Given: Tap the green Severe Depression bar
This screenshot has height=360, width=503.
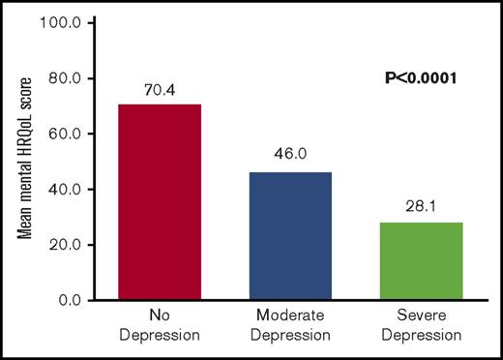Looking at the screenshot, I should pos(423,260).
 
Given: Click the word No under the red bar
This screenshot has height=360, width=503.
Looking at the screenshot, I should pos(160,318).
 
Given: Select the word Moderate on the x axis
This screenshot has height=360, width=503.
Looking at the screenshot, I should pos(291,318).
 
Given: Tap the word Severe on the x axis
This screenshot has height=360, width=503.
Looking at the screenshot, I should pos(423,318).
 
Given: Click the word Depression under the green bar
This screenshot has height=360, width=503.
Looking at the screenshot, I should pos(423,336).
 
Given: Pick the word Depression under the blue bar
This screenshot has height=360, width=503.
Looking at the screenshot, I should pos(291,336).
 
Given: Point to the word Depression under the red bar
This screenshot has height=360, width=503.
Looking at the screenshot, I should pos(160,336).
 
